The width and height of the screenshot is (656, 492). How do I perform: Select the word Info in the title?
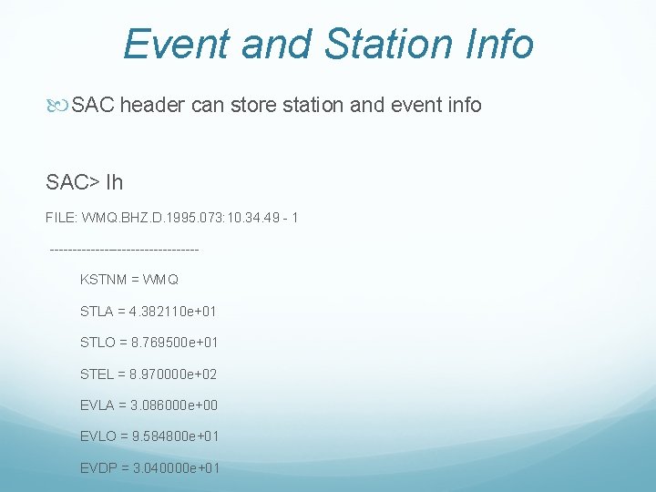point(497,44)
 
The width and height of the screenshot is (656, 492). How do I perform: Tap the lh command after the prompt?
point(114,182)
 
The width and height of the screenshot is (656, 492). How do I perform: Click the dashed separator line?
point(123,249)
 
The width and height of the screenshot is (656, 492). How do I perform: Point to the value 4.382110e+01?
point(174,312)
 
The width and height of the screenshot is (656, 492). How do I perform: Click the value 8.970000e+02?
point(173,374)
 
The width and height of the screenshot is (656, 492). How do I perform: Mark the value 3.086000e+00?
point(174,405)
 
